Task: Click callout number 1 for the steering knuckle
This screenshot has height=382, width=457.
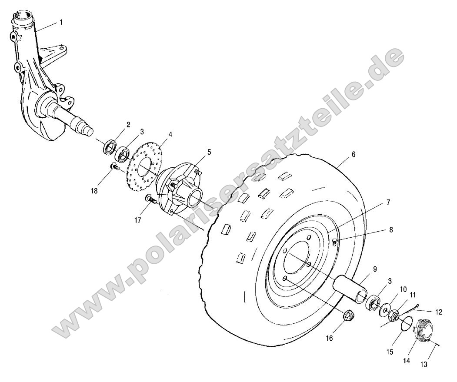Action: pos(61,22)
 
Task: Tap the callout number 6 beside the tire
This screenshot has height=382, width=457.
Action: pos(353,155)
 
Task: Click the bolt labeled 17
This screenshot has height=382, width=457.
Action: pos(151,199)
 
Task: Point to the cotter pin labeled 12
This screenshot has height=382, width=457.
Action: pos(413,308)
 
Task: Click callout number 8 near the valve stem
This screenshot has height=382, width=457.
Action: pos(390,229)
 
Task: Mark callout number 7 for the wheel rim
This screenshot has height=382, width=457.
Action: pos(387,202)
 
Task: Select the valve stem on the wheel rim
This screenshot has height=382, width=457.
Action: pos(334,241)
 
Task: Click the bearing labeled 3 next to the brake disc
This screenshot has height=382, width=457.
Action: pos(123,153)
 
